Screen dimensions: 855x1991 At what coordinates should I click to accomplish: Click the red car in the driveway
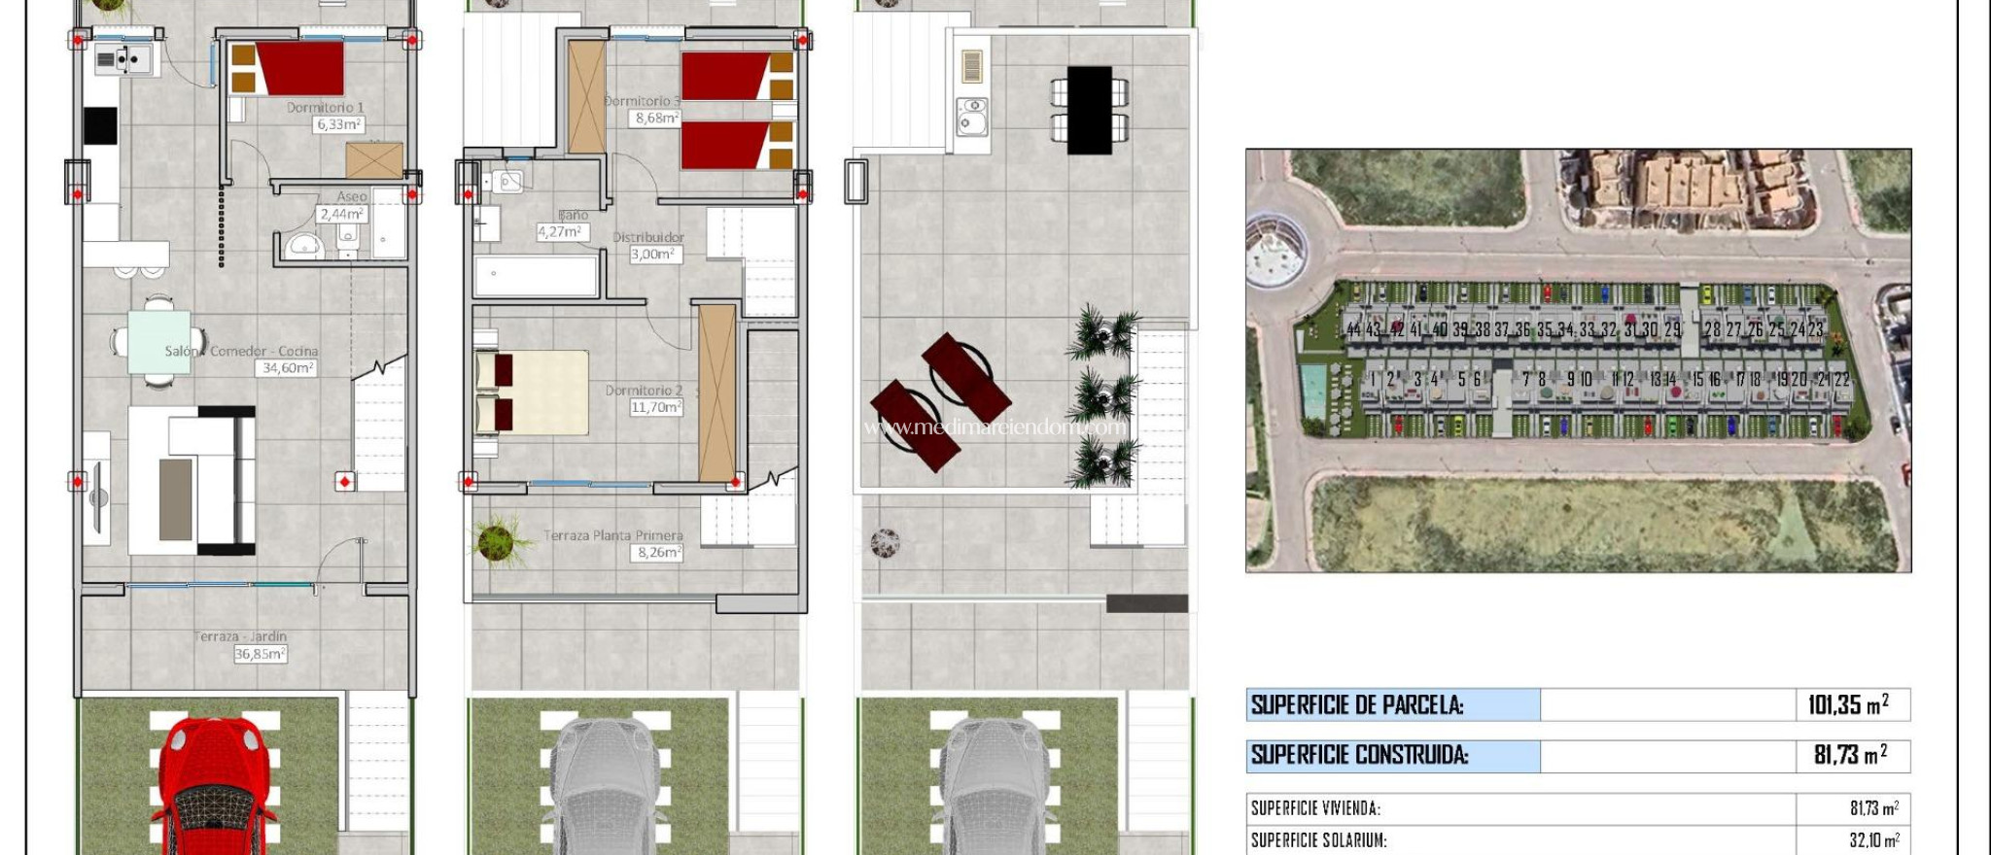coord(211,787)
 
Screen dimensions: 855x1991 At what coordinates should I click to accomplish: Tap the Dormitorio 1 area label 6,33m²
coord(338,124)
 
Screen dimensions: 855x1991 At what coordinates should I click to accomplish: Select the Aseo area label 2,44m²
coord(341,214)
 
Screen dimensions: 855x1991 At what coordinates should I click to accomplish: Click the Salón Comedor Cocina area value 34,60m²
coord(288,368)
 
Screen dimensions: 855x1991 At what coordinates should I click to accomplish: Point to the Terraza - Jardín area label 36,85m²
coord(260,654)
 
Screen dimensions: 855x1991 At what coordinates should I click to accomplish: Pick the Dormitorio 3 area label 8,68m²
coord(656,118)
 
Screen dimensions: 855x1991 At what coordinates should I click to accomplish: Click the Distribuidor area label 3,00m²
coord(655,255)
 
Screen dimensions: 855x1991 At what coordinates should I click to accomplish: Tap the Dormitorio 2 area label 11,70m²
coord(656,407)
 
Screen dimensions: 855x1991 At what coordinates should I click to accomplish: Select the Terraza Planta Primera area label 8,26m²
coord(658,552)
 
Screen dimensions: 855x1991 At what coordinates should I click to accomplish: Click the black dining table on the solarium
coord(1089,109)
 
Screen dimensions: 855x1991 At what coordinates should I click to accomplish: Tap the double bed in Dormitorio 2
coord(533,392)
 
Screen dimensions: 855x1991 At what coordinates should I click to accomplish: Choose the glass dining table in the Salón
coord(158,341)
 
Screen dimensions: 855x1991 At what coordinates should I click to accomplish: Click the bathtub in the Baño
coord(536,277)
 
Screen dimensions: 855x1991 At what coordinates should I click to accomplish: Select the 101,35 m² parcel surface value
coord(1847,704)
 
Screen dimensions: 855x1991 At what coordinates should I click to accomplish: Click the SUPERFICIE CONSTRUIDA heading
coord(1359,755)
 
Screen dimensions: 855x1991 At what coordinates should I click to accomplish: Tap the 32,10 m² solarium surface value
coord(1873,840)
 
